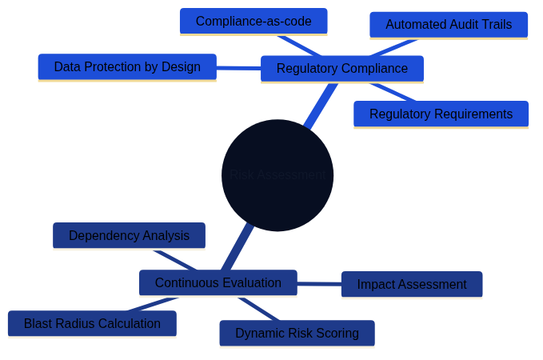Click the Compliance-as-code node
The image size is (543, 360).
click(x=253, y=22)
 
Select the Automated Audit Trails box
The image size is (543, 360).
click(x=449, y=25)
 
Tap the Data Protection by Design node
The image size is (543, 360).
click(x=127, y=67)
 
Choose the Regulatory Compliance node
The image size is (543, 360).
click(x=341, y=69)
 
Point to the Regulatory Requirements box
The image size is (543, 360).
click(x=441, y=114)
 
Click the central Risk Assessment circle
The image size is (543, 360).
click(x=277, y=175)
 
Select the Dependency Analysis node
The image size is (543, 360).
click(x=129, y=236)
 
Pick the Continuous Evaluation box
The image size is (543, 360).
click(x=218, y=283)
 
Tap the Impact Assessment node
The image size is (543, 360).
click(x=411, y=285)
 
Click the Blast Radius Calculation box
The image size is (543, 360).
click(x=92, y=324)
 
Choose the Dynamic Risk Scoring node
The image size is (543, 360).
click(x=297, y=334)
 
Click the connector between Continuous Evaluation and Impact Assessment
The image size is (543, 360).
click(x=319, y=284)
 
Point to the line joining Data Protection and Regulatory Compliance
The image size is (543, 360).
click(x=238, y=68)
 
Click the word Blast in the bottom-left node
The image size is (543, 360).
click(x=38, y=324)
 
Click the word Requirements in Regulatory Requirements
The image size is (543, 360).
click(x=475, y=114)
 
